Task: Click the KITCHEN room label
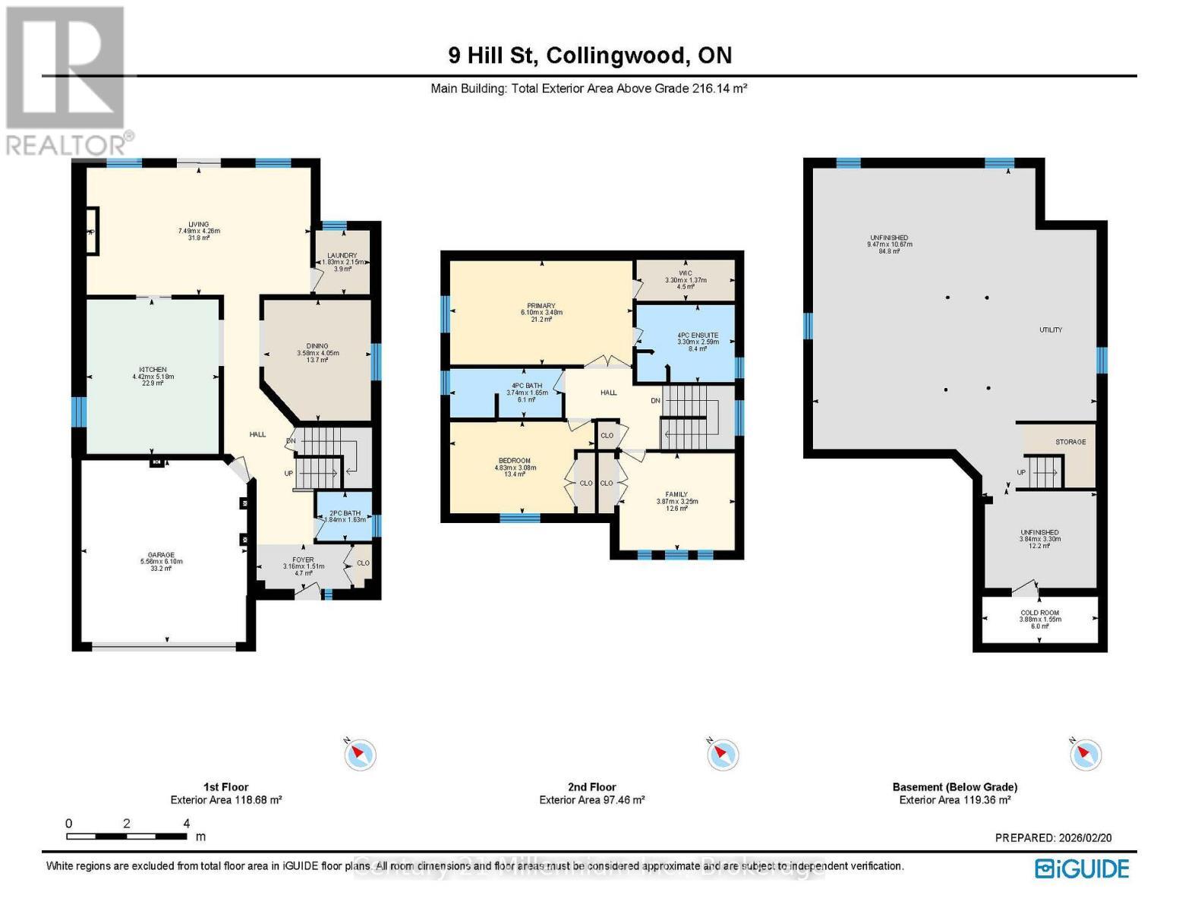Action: pyautogui.click(x=153, y=370)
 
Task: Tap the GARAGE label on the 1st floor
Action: pyautogui.click(x=161, y=555)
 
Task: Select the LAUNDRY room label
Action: pyautogui.click(x=342, y=256)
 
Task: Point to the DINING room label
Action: pyautogui.click(x=317, y=346)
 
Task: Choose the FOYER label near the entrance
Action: pyautogui.click(x=303, y=560)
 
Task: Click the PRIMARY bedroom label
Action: pyautogui.click(x=541, y=306)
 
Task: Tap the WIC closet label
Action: pyautogui.click(x=686, y=273)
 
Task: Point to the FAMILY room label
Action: pyautogui.click(x=676, y=494)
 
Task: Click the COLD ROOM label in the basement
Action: pyautogui.click(x=1039, y=613)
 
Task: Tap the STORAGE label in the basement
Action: pyautogui.click(x=1070, y=442)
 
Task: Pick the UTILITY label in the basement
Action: pyautogui.click(x=1051, y=330)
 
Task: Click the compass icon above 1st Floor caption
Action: pyautogui.click(x=360, y=755)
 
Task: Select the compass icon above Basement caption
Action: pyautogui.click(x=1085, y=755)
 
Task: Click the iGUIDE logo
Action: pyautogui.click(x=1082, y=868)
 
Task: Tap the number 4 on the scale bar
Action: pyautogui.click(x=186, y=824)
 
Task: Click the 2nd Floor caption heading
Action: pyautogui.click(x=591, y=787)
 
